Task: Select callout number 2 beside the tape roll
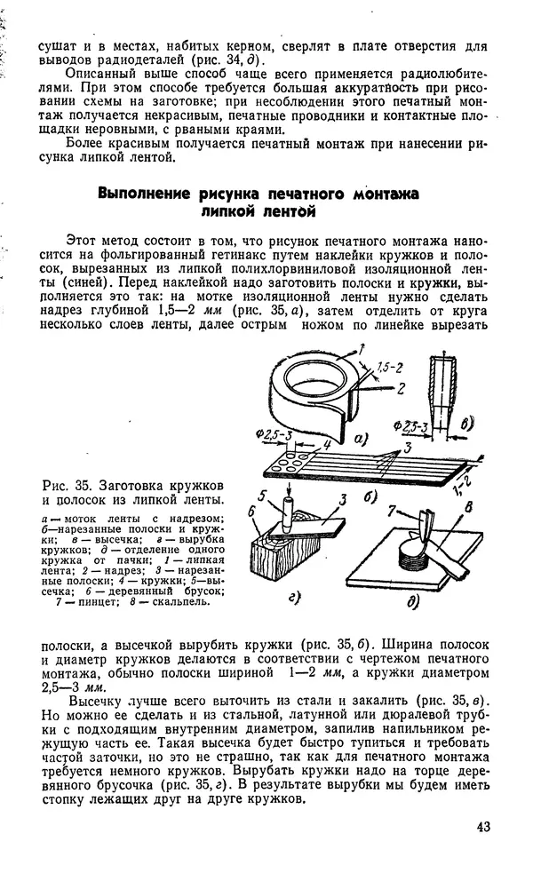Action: (402, 387)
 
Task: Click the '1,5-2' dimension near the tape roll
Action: (387, 367)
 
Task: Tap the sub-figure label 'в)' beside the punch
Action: (467, 426)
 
